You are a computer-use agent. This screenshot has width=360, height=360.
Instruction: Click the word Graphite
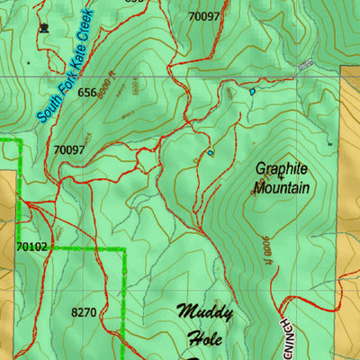click(281, 168)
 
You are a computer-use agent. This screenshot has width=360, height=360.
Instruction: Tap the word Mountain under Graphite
click(282, 188)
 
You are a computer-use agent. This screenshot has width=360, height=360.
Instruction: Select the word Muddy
click(204, 313)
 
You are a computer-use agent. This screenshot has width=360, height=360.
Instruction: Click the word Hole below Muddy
click(204, 339)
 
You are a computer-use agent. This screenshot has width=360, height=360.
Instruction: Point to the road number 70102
click(31, 245)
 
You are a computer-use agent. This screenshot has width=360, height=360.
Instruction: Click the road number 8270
click(83, 312)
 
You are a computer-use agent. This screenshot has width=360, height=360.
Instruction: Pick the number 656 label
click(86, 93)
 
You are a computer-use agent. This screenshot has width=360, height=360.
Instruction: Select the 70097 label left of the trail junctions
click(69, 149)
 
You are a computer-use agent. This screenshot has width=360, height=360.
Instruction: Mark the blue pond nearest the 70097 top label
click(251, 91)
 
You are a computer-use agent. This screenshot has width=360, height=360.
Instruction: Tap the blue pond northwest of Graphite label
click(210, 153)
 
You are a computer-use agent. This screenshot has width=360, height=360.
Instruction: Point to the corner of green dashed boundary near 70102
click(123, 247)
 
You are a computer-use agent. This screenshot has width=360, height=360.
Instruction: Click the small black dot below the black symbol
click(29, 64)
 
